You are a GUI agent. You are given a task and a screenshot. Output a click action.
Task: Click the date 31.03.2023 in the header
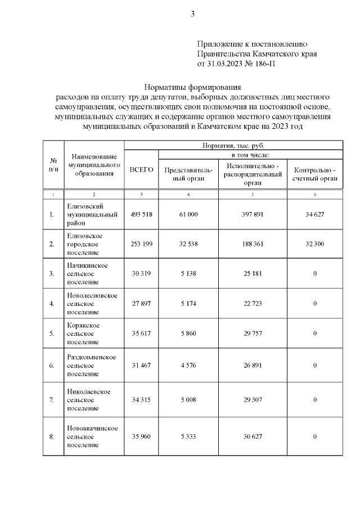coord(226,64)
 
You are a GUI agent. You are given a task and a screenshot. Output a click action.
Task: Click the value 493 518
coord(141,214)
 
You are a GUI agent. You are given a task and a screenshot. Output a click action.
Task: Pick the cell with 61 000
coord(188,214)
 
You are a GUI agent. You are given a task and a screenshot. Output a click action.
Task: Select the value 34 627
coord(314,214)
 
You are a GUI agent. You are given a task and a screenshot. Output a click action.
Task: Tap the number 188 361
coord(253,244)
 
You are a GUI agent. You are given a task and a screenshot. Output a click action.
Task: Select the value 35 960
coord(141,436)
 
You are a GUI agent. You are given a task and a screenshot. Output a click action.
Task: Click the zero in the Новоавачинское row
coord(314,436)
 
